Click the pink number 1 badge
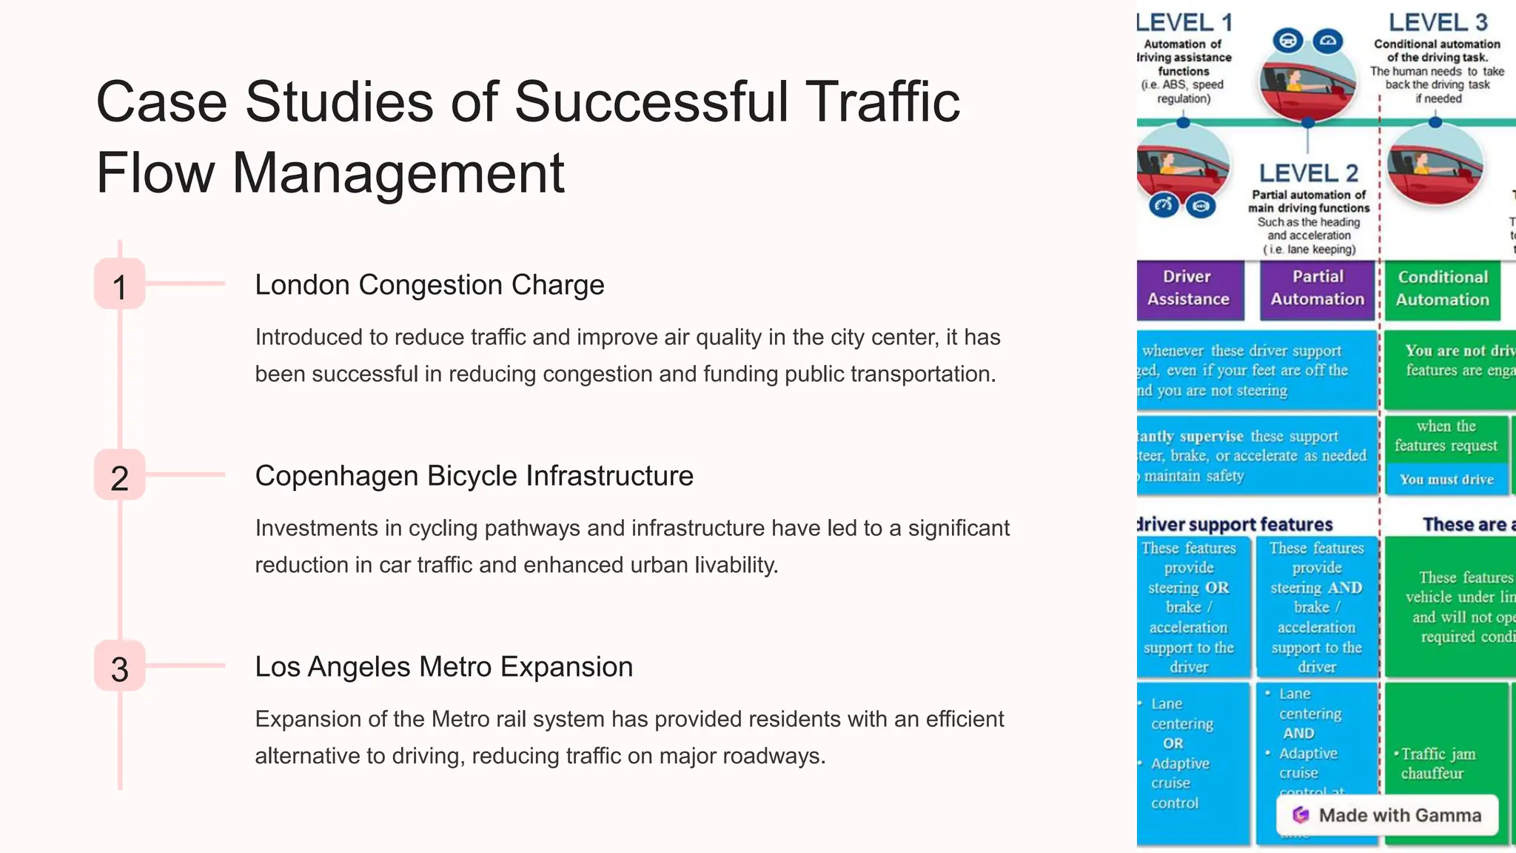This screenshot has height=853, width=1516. pos(119,284)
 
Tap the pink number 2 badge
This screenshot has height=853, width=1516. pos(119,475)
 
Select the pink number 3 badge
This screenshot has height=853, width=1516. pos(119,666)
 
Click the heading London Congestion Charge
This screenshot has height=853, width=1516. pos(429,285)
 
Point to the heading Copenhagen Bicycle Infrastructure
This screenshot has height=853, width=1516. pos(474,476)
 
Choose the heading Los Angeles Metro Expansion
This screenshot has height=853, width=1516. pos(443,667)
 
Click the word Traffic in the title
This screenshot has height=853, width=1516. pos(882,101)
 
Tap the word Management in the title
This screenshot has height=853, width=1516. pos(398,173)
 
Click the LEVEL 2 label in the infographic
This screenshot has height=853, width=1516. pos(1308,173)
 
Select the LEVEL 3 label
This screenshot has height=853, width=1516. pos(1438,22)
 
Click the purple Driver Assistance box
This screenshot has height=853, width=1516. pos(1188,288)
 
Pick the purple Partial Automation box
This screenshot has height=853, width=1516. pos(1317,288)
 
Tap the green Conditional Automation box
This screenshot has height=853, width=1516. pos(1442,289)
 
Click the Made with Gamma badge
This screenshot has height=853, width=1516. pos(1387,815)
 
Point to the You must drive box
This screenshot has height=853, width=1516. pos(1446,479)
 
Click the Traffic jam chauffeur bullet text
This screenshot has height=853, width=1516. pos(1436,763)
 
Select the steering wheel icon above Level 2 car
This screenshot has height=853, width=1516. pos(1288,40)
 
